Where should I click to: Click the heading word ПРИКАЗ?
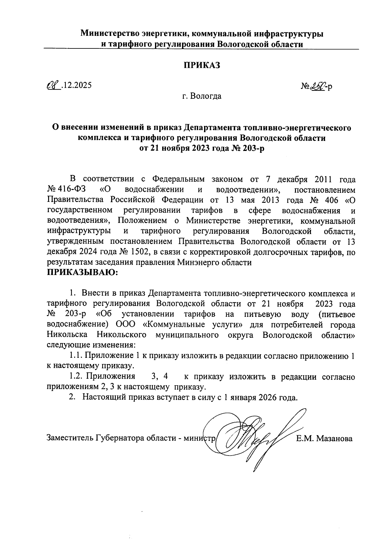[202, 65]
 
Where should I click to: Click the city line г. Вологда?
[202, 96]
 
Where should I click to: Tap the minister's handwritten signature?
[253, 437]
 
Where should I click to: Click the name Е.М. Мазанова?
[324, 438]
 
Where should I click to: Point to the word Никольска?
[67, 335]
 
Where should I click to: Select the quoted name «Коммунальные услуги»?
[192, 325]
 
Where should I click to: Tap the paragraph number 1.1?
[76, 356]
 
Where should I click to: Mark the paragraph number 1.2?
[76, 377]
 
